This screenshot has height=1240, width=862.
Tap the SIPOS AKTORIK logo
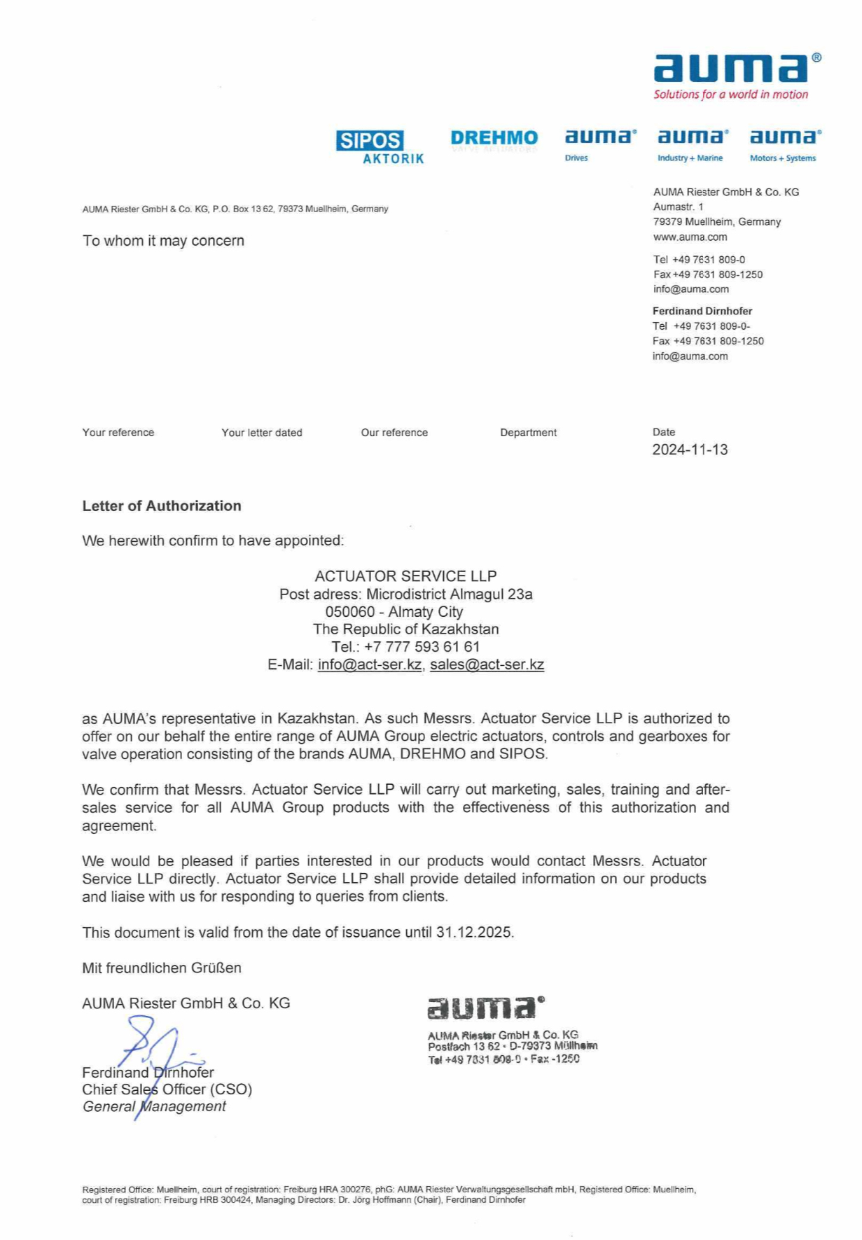[x=380, y=147]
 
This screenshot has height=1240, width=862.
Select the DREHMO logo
[x=494, y=139]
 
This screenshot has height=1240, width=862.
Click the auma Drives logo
[x=600, y=142]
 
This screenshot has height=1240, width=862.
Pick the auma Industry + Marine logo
[x=692, y=142]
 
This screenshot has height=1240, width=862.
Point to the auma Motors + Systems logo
[x=784, y=142]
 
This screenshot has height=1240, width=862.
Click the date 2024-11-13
[x=690, y=450]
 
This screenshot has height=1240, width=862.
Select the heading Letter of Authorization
[x=162, y=506]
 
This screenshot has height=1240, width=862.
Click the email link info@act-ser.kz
[x=369, y=664]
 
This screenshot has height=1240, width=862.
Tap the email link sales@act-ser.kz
[x=487, y=664]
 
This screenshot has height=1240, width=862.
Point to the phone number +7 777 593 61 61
[x=422, y=646]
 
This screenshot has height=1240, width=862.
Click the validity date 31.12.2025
[x=474, y=932]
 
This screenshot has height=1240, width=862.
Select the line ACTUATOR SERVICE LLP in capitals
[x=405, y=576]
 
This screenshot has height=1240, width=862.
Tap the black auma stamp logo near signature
[x=485, y=1008]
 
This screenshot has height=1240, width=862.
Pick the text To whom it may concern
[x=163, y=240]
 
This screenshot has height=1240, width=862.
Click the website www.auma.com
[x=690, y=237]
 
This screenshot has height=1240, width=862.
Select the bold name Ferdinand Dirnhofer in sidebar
[x=702, y=311]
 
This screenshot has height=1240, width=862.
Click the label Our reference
[x=394, y=433]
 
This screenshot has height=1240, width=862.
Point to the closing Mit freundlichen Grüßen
[x=162, y=968]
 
